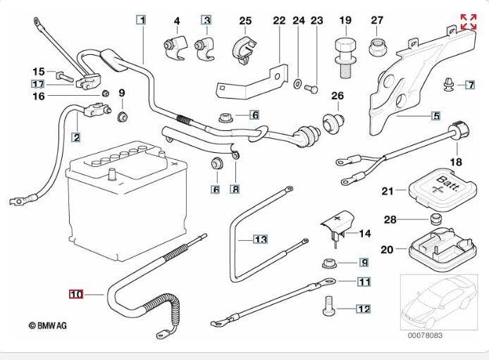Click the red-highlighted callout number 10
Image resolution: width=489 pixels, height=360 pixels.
click(75, 294)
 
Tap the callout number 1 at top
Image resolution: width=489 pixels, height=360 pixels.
click(142, 20)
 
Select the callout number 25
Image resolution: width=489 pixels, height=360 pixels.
click(245, 20)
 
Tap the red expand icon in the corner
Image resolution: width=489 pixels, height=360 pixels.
click(468, 22)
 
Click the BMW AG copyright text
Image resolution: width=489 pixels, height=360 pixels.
click(47, 325)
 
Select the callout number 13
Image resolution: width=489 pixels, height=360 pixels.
click(261, 240)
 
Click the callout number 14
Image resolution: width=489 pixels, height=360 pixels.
click(364, 233)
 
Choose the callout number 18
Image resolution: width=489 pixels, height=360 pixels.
click(456, 162)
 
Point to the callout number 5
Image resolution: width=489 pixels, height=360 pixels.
click(436, 116)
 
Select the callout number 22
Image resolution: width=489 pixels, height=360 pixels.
click(279, 20)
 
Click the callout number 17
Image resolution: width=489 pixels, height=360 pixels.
click(37, 84)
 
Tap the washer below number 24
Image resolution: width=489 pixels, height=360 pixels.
click(299, 86)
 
